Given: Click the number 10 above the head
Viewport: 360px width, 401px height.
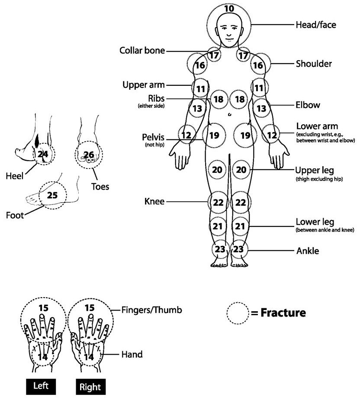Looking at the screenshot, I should (x=229, y=8).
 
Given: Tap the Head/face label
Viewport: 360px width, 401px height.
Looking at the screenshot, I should (x=315, y=25).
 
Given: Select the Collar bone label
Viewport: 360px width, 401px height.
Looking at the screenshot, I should (x=142, y=51).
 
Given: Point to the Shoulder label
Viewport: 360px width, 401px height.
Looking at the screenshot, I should (x=314, y=64).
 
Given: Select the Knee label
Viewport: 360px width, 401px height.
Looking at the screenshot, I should (x=154, y=202).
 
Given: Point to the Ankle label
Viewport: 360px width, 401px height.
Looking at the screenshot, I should (x=308, y=251).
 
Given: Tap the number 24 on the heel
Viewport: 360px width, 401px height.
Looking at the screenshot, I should (x=43, y=154).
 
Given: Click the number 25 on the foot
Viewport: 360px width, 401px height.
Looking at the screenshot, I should (x=52, y=195).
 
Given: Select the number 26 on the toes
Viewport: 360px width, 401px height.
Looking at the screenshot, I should (x=88, y=154).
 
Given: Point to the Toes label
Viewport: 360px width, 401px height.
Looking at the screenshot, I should (x=100, y=187).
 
